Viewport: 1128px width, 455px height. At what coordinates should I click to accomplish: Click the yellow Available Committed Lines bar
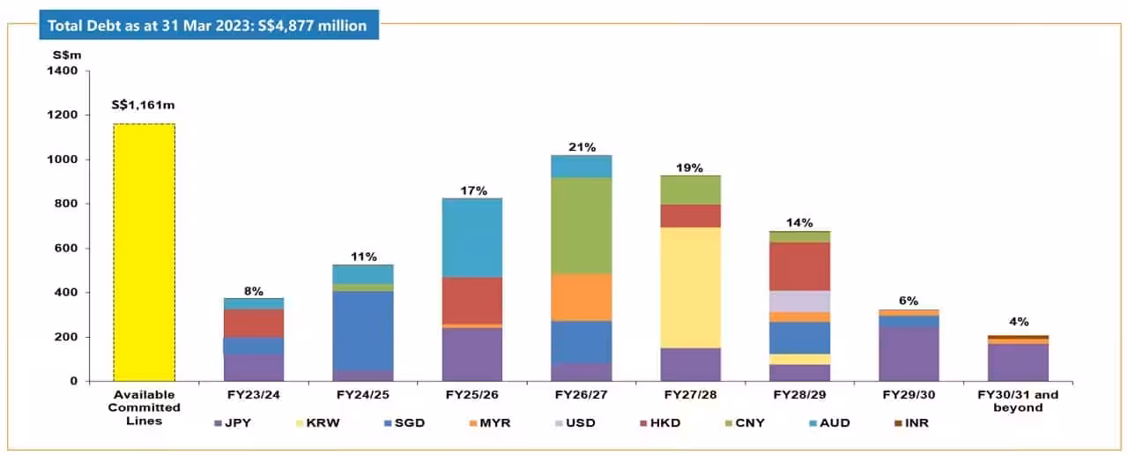tap(145, 252)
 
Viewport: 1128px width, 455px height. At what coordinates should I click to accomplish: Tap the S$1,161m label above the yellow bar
tap(144, 106)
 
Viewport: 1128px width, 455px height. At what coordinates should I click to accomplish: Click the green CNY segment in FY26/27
tap(582, 226)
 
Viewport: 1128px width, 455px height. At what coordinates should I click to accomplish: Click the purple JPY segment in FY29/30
tap(909, 354)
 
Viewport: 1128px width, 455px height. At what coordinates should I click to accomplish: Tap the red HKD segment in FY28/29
tap(800, 266)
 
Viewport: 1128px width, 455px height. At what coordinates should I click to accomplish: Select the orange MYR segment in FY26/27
tap(582, 297)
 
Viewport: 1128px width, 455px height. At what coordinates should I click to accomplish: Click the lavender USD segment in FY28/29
tap(800, 301)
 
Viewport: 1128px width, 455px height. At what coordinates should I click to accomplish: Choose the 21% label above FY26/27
tap(582, 146)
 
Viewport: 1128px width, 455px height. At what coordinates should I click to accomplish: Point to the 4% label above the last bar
tap(1019, 322)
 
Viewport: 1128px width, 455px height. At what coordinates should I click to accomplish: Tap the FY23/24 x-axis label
tap(254, 395)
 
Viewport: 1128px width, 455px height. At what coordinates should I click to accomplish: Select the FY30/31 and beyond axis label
tap(1019, 401)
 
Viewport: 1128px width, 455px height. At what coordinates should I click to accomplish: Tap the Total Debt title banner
tap(208, 26)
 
